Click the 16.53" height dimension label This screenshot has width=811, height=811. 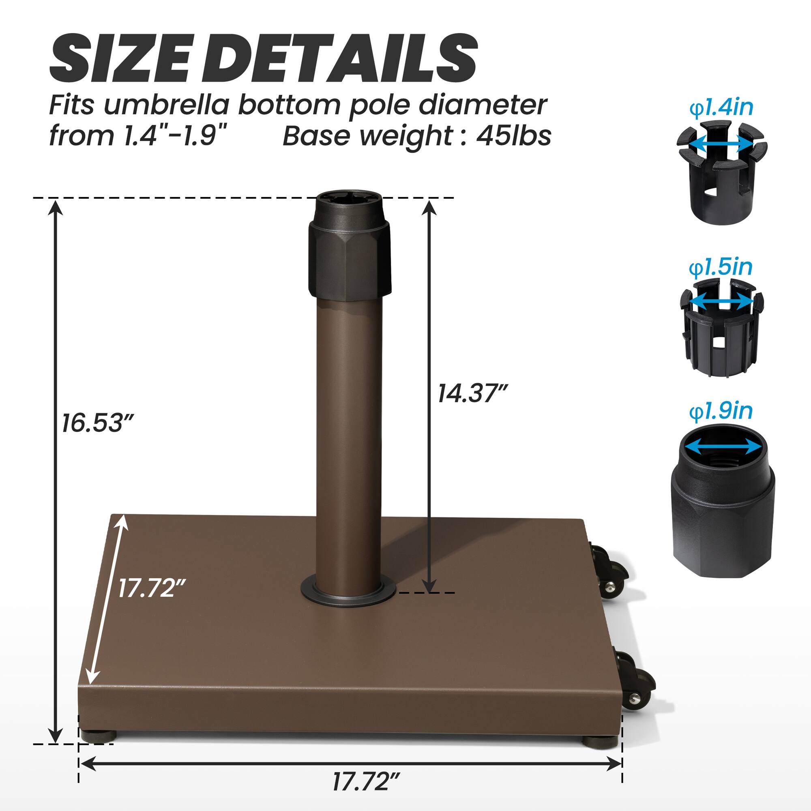tap(97, 423)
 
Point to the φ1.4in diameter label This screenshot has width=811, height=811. tap(721, 108)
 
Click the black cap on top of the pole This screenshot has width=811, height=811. tap(349, 248)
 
